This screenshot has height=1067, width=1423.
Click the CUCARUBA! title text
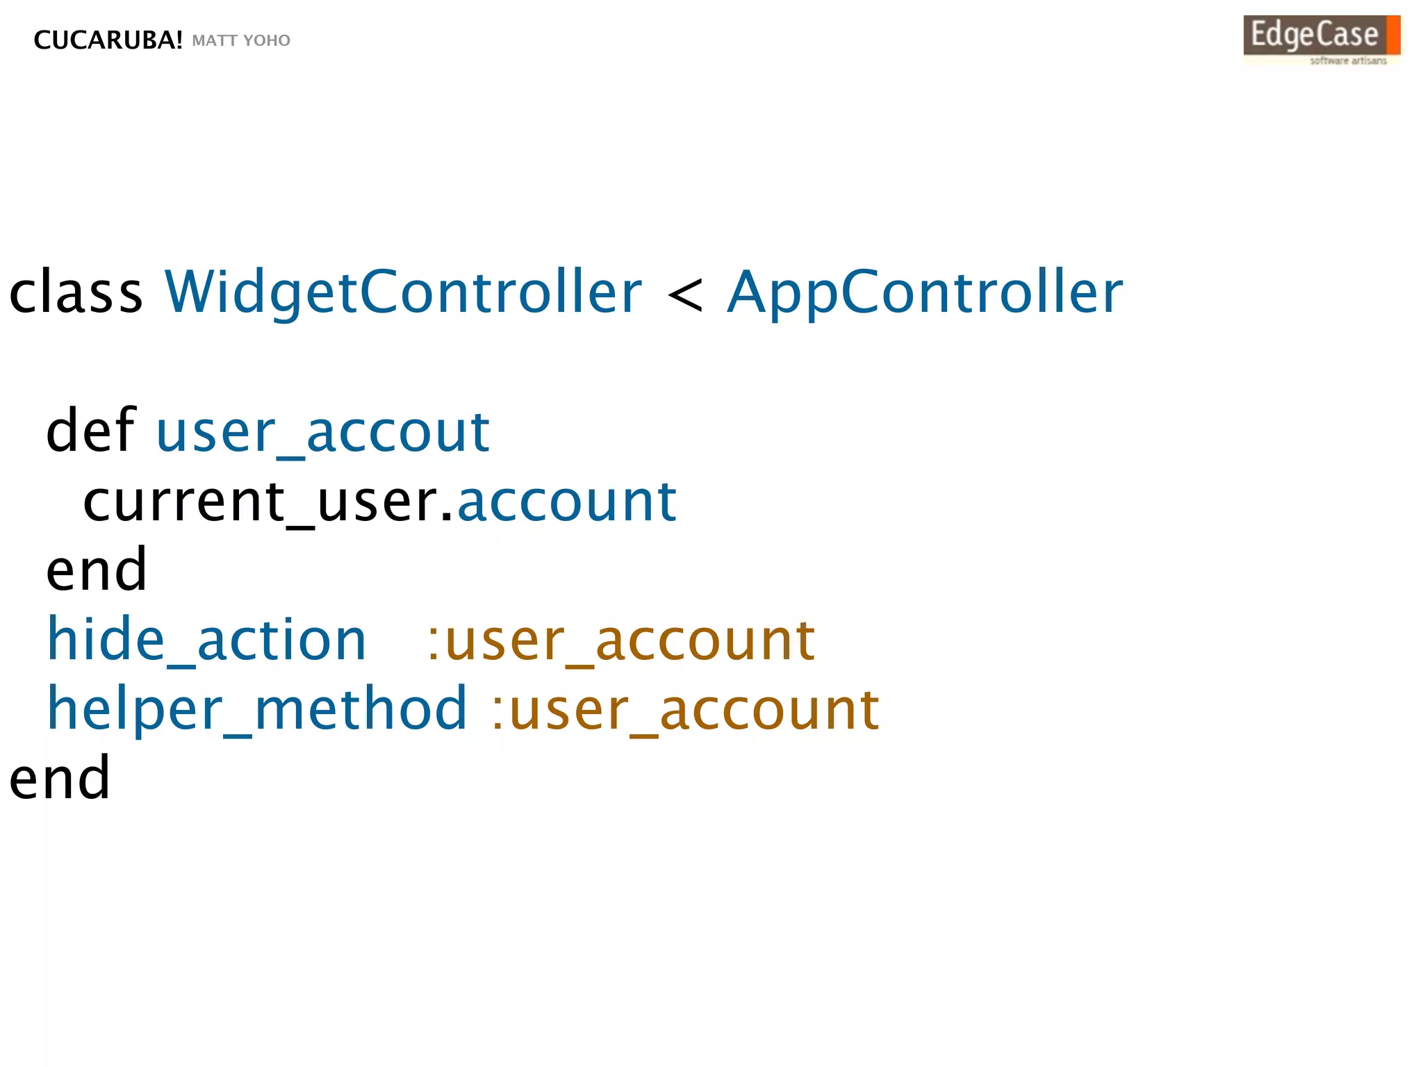click(x=108, y=40)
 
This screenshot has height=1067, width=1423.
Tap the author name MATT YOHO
click(x=241, y=40)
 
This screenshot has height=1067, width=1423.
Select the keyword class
click(x=76, y=292)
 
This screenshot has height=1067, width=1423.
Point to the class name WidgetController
click(x=403, y=292)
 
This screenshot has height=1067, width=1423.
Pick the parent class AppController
click(x=925, y=292)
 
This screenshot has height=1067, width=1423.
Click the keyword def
click(x=90, y=431)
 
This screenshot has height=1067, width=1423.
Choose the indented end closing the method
click(x=97, y=570)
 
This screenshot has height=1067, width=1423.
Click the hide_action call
click(x=206, y=640)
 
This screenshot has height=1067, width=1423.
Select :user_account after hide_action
click(x=620, y=640)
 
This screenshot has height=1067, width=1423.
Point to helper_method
click(x=257, y=709)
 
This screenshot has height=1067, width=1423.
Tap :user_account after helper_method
click(x=685, y=709)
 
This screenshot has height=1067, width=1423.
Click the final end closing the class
click(x=60, y=778)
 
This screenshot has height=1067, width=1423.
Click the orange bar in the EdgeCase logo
click(x=1392, y=35)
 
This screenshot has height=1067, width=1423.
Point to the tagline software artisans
click(x=1348, y=61)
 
